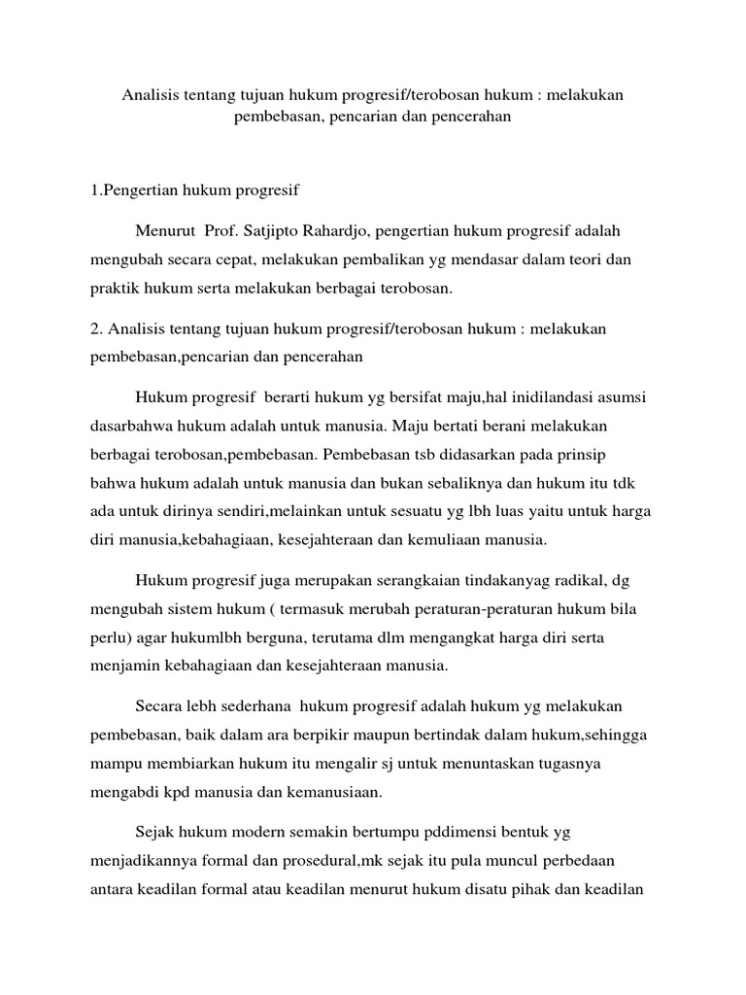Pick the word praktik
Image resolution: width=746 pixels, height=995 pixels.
coord(118,290)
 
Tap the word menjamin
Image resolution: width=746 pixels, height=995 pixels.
coord(122,667)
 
